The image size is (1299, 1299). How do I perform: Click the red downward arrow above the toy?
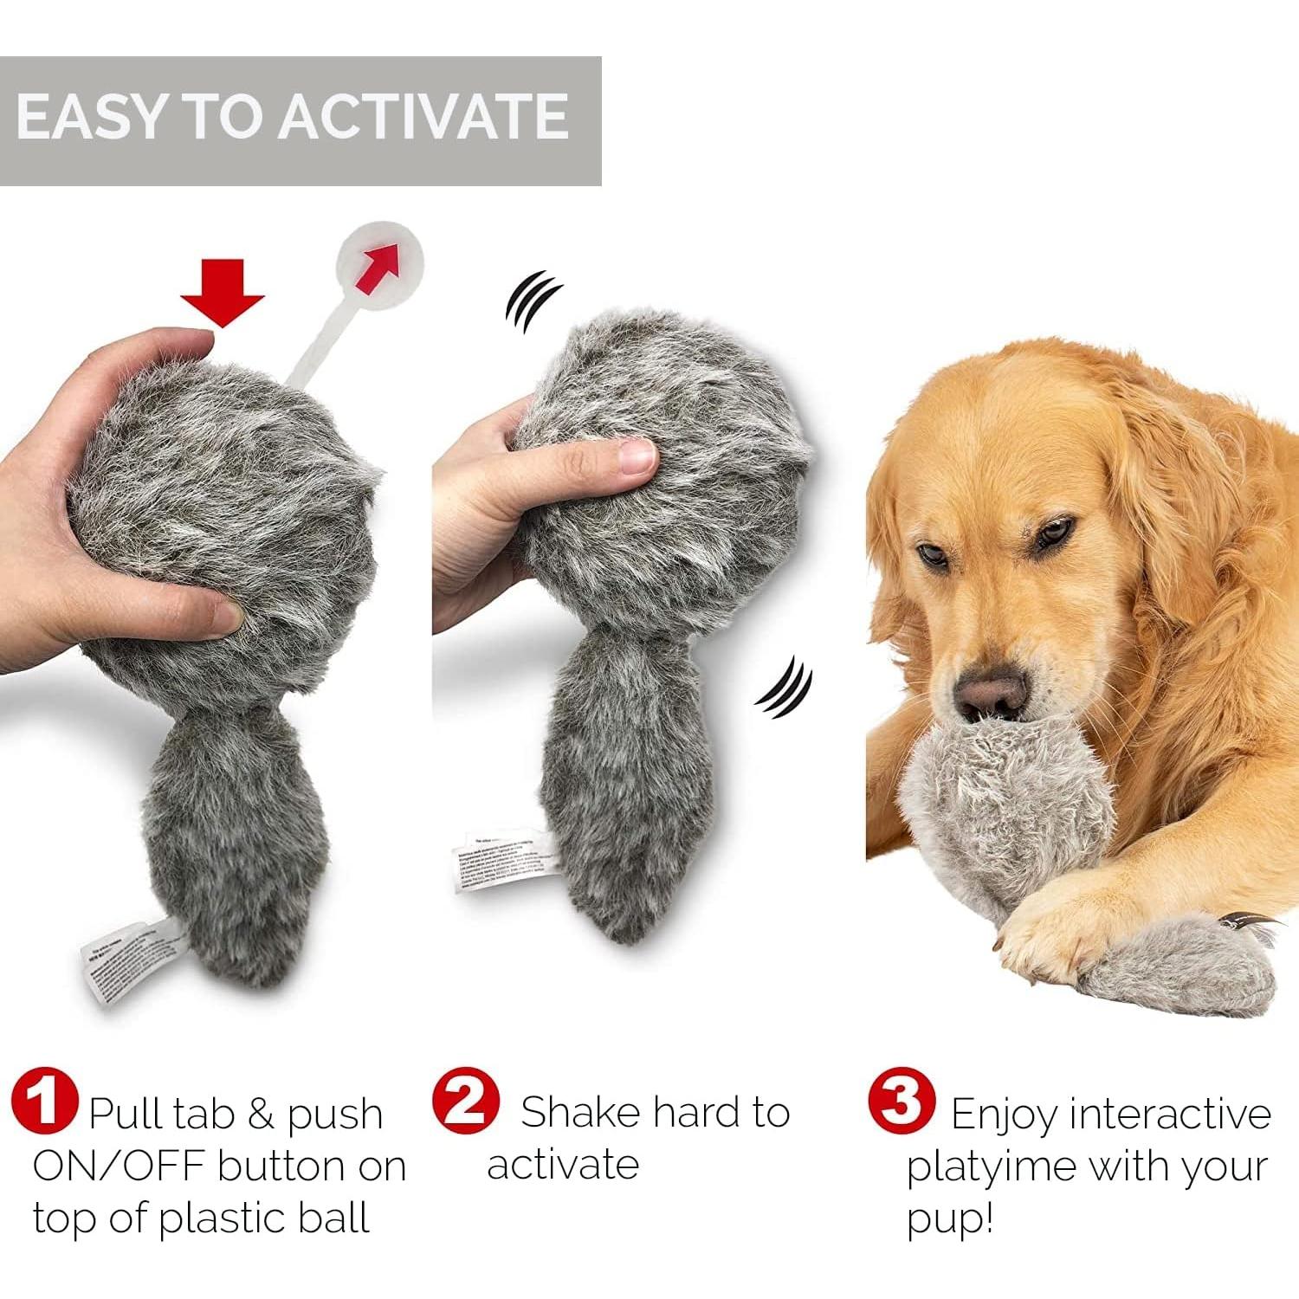(x=223, y=299)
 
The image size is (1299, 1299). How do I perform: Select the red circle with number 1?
(x=45, y=1102)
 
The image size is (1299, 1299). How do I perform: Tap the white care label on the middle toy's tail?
(x=495, y=863)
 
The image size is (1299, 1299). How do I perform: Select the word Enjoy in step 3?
(x=1005, y=1115)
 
